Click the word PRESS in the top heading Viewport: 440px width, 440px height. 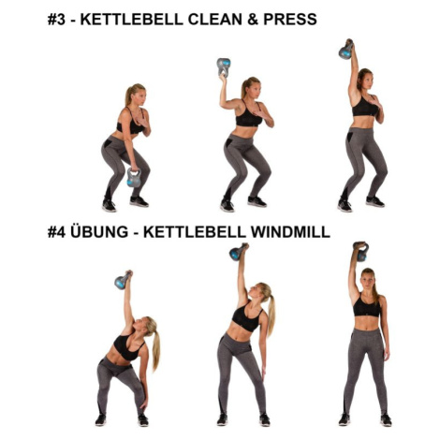tap(290, 20)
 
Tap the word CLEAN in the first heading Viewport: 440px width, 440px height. tap(215, 20)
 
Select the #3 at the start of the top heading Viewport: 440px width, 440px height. tap(56, 20)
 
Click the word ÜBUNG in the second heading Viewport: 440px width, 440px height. tap(99, 231)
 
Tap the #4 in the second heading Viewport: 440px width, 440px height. tap(56, 232)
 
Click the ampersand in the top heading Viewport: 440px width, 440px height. tap(253, 20)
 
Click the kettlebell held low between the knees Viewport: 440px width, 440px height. tap(134, 177)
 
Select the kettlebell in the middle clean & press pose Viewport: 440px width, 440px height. tap(224, 67)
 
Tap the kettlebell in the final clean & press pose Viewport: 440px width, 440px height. tap(346, 50)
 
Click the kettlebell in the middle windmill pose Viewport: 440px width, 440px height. tap(238, 252)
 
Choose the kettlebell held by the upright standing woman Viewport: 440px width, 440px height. tap(361, 252)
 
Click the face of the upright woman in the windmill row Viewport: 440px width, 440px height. tap(368, 282)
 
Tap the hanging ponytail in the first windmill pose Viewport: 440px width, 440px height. tap(155, 350)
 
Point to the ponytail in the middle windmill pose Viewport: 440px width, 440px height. tap(271, 314)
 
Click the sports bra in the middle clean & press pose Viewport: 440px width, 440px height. tap(249, 116)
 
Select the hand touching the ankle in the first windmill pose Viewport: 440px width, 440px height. tap(143, 404)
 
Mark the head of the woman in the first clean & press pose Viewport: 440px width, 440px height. tap(136, 94)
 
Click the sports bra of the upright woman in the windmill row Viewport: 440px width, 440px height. tap(367, 306)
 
